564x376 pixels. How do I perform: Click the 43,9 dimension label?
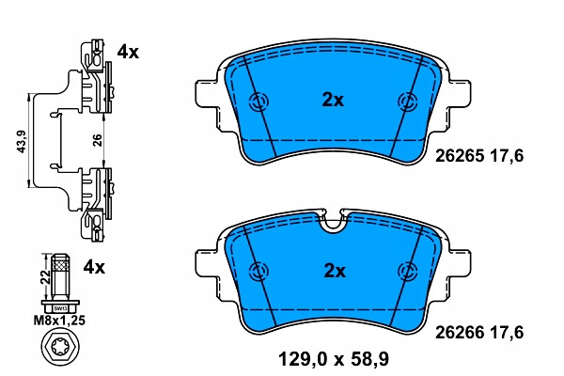pos(23,142)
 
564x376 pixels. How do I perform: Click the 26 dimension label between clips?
pos(98,140)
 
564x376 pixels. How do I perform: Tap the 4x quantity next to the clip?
pos(128,53)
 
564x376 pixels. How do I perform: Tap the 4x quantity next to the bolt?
pos(94,267)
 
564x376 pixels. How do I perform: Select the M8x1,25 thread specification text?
pos(60,321)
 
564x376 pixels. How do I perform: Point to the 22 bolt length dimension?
pos(45,276)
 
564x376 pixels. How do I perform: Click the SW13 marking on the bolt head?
pos(60,308)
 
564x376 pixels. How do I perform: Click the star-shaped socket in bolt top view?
pos(60,349)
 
